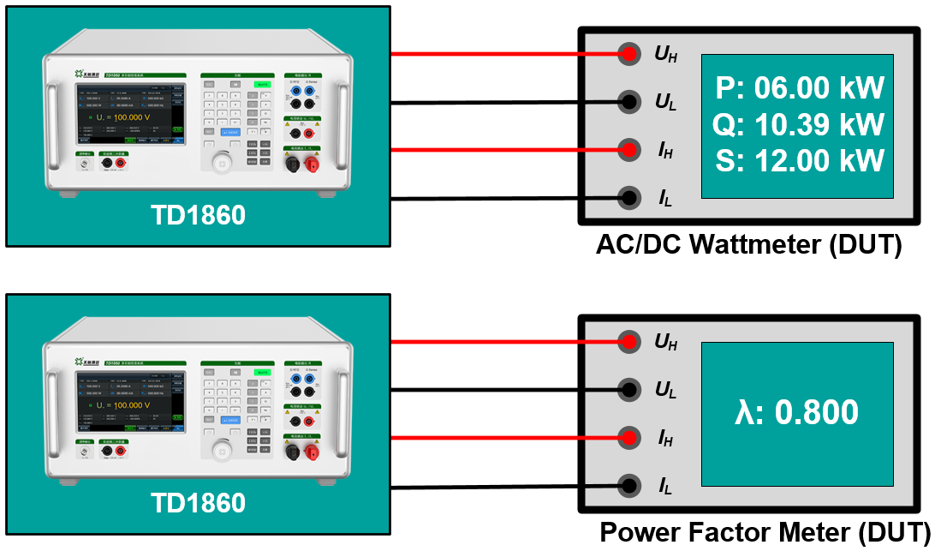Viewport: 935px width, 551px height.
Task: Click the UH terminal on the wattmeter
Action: [629, 54]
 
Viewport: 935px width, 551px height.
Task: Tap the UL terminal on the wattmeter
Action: [629, 102]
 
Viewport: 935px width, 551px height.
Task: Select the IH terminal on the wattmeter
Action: [629, 150]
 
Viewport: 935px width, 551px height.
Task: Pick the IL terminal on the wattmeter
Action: [629, 198]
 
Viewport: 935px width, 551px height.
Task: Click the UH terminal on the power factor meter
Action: [629, 342]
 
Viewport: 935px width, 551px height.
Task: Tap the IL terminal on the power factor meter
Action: [629, 486]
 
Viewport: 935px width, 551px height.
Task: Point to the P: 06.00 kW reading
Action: [798, 88]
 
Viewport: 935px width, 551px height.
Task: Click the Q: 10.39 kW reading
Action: [798, 125]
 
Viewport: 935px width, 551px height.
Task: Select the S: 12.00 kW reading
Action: [798, 161]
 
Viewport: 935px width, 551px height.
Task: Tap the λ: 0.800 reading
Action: [797, 413]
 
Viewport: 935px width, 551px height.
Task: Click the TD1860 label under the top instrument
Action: [198, 215]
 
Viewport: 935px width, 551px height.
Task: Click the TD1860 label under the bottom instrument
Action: [198, 503]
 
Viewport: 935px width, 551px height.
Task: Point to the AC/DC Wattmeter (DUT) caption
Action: [749, 245]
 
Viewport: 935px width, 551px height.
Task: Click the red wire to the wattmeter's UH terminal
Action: [505, 54]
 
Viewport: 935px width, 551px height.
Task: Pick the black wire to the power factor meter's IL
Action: [505, 487]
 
